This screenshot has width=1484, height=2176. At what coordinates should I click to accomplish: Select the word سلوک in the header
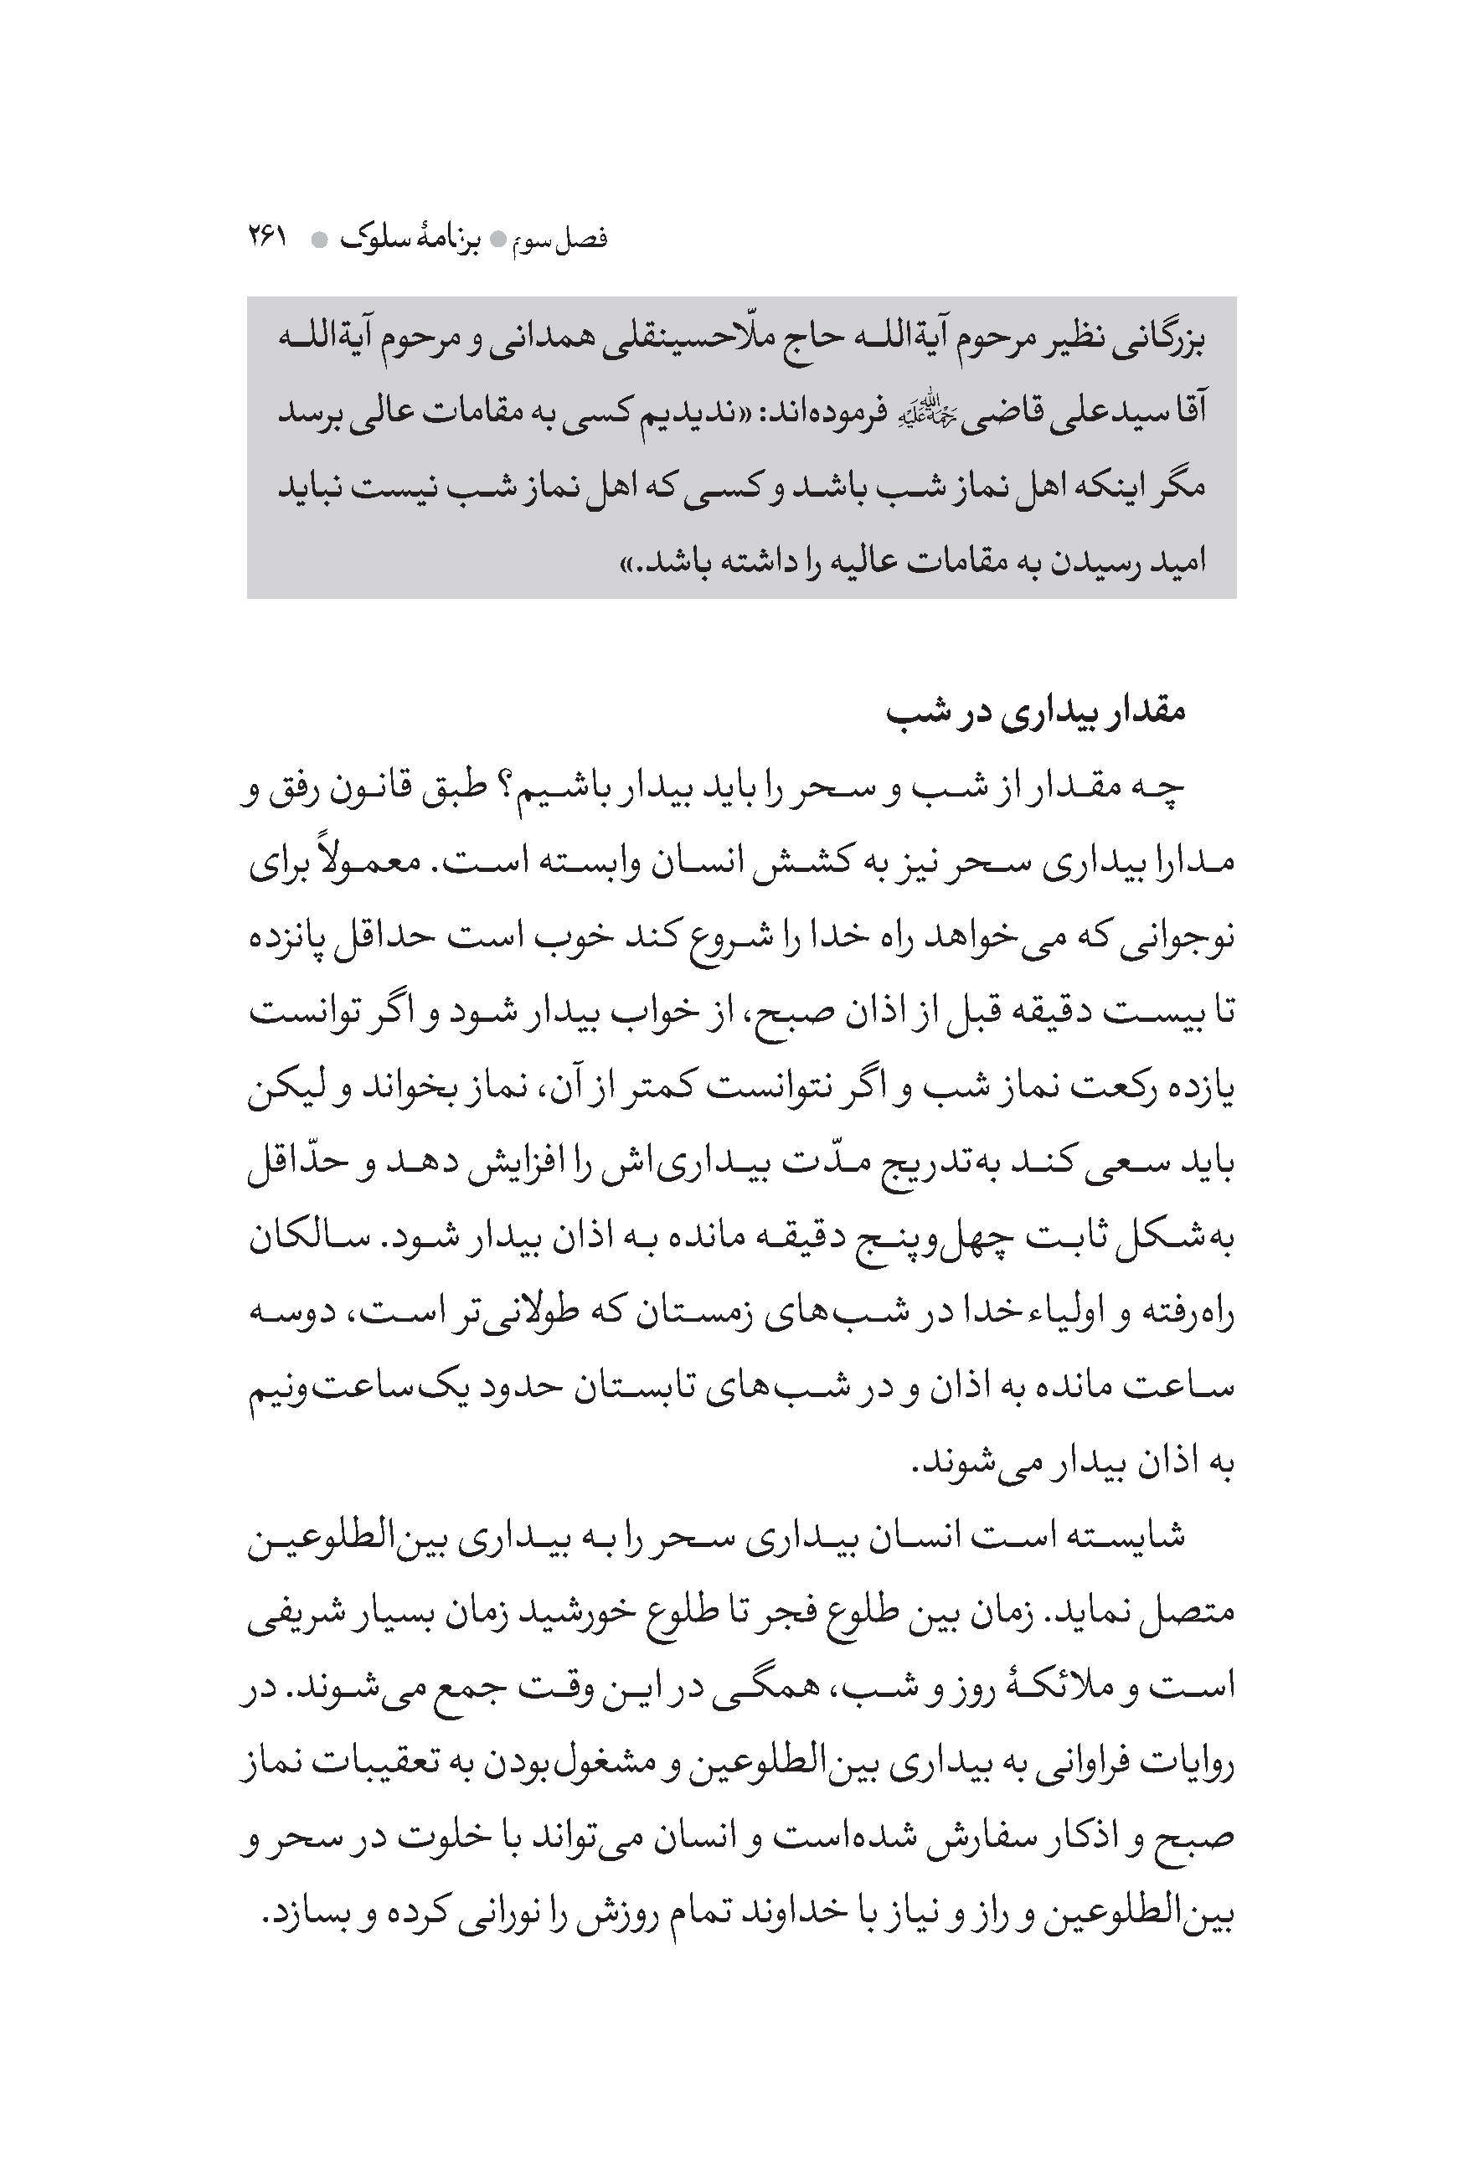[383, 239]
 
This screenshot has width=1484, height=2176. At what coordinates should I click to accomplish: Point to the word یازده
[1198, 1090]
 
